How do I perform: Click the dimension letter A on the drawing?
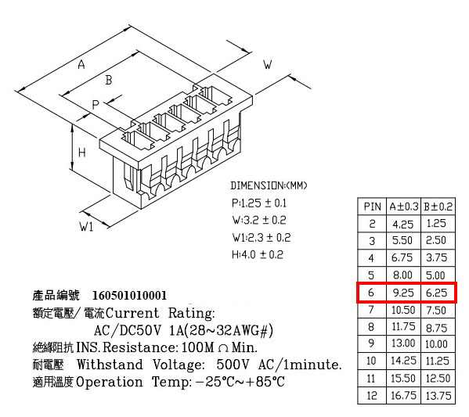[81, 64]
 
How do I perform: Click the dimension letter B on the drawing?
[109, 80]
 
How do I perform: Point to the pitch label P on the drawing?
[95, 105]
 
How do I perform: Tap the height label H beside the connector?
[81, 153]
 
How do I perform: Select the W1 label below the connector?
[86, 227]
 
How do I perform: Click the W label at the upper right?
[268, 65]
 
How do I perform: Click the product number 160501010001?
[129, 296]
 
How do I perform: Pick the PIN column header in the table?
[372, 207]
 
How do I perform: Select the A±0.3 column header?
[404, 207]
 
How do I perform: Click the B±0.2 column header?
[438, 207]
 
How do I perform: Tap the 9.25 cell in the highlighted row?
[403, 293]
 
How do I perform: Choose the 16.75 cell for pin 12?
[403, 395]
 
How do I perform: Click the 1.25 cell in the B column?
[436, 223]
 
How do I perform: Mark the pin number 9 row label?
[371, 343]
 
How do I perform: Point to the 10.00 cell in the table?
[436, 344]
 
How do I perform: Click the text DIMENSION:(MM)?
[269, 185]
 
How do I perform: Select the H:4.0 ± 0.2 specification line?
[258, 255]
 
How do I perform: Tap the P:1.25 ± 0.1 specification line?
[259, 203]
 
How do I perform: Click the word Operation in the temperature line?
[109, 382]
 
